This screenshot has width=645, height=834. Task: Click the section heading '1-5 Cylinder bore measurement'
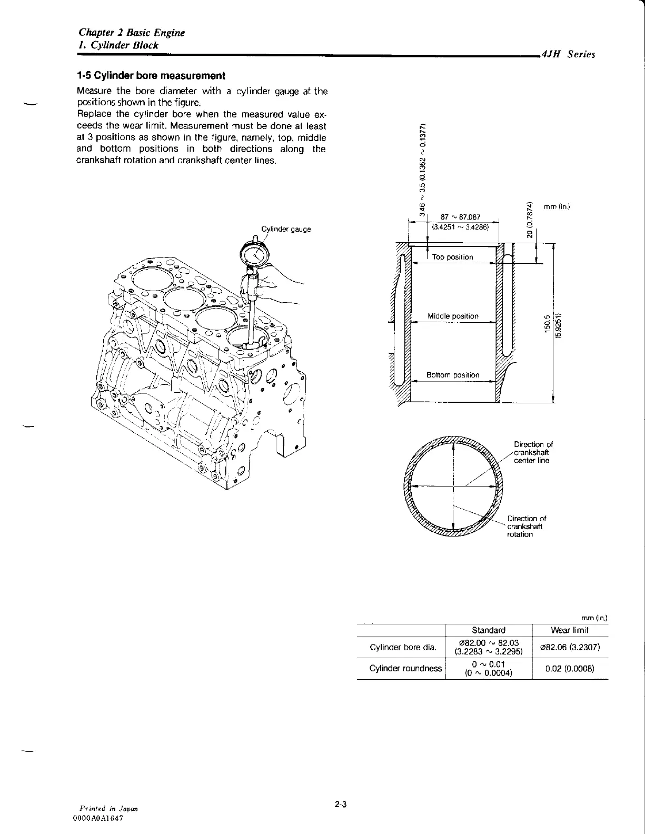coord(151,76)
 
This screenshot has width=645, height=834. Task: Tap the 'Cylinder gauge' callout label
coord(286,229)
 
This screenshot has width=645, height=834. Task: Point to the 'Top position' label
coord(452,257)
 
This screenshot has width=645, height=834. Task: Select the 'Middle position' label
coord(453,316)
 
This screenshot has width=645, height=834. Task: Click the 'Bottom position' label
coord(453,375)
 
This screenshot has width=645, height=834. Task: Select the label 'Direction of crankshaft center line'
coord(533,452)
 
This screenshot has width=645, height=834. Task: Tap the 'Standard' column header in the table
coord(488,630)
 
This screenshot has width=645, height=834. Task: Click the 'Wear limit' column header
coord(569,630)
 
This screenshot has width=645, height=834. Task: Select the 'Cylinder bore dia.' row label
coord(400,647)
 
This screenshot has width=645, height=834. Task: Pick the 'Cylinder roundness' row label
coord(405,668)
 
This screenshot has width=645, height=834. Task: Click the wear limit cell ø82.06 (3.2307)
coord(570,647)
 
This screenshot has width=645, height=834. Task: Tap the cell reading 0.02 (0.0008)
coord(570,668)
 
